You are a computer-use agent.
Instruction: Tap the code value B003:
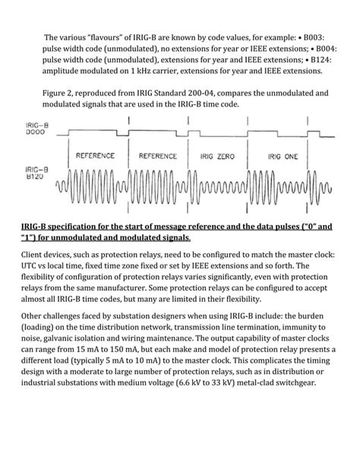(x=321, y=35)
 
